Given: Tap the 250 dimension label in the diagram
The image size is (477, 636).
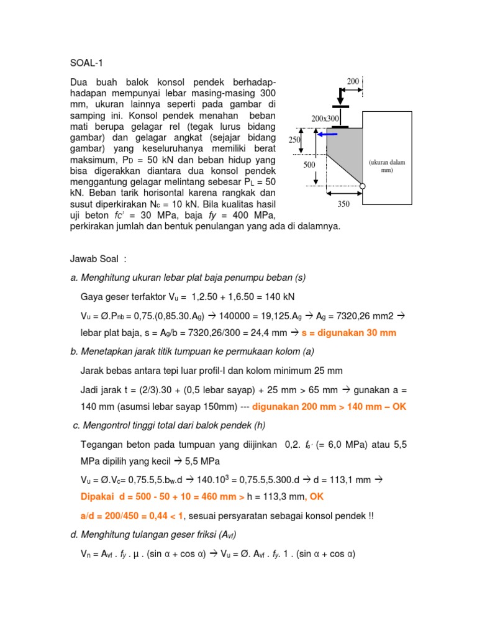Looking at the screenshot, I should pos(294,140).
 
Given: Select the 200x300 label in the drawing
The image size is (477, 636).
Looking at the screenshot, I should pos(325,118).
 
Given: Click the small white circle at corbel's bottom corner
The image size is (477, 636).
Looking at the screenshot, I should pos(362,186).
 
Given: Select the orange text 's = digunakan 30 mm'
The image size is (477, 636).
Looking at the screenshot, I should pos(348,333).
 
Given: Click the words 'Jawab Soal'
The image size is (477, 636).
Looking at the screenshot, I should pos(96,258).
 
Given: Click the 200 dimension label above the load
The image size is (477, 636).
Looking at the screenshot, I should pos(353,81).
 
